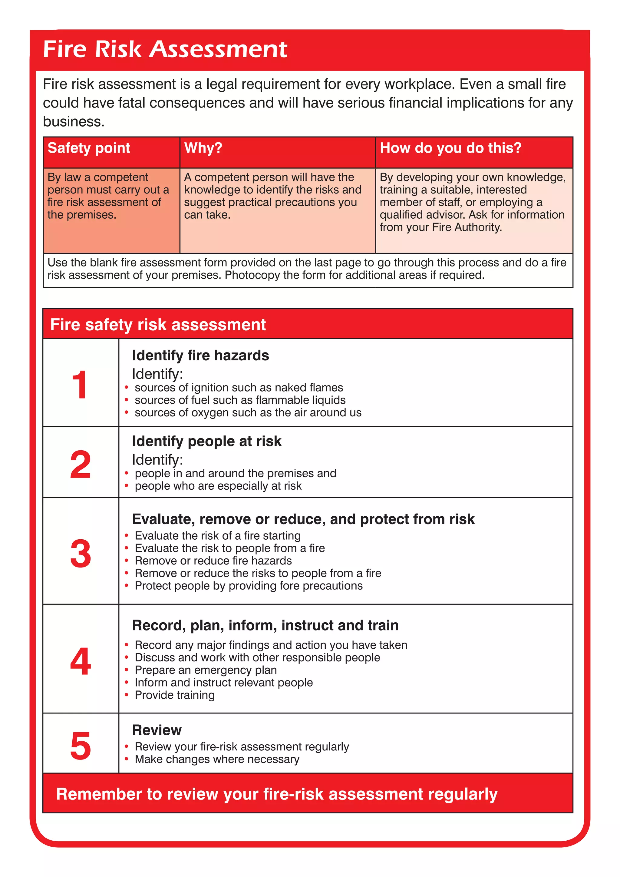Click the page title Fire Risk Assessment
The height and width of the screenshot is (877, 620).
click(165, 50)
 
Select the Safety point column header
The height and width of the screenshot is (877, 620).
click(89, 148)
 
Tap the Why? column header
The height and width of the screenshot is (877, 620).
click(203, 148)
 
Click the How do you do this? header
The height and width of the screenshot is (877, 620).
click(450, 148)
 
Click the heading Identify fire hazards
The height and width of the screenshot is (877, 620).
click(200, 356)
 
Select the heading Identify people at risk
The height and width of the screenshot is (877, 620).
click(206, 441)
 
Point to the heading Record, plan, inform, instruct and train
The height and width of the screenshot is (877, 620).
click(265, 625)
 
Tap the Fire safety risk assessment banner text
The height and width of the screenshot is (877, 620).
click(158, 325)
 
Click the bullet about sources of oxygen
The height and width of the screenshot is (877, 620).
click(248, 412)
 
